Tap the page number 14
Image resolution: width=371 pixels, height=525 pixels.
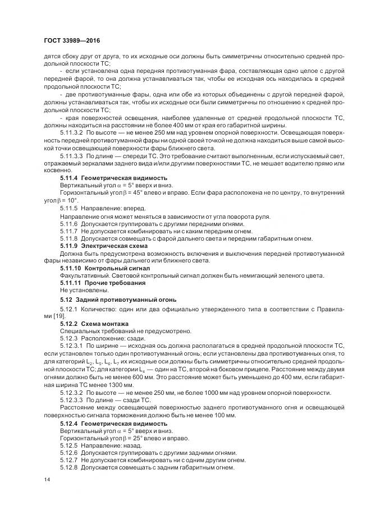(46, 480)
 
